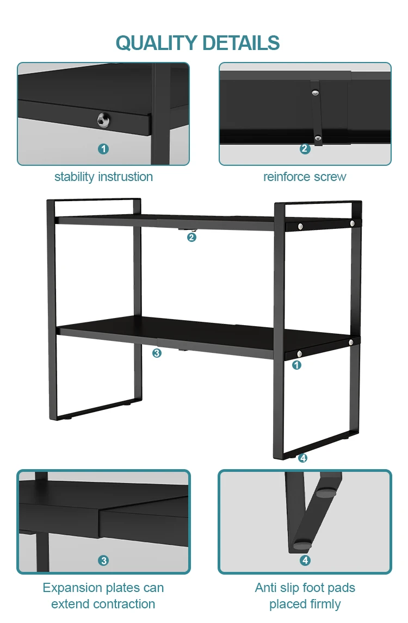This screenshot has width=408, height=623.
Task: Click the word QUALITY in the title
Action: coord(156,43)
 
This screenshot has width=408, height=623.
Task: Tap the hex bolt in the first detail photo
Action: coord(103,120)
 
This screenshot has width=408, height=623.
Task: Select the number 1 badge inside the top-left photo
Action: coord(103,148)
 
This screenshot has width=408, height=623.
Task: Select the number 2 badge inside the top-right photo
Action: coord(305,148)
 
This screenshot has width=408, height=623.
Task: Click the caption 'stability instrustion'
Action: coord(103,177)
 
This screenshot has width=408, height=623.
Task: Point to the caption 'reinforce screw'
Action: coord(305,177)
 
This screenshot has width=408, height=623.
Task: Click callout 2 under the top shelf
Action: coord(192,237)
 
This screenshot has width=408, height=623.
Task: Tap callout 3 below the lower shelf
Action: coord(157,353)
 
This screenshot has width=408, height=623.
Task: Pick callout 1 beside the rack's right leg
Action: coord(296,365)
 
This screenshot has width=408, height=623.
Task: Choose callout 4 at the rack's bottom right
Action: coord(303,458)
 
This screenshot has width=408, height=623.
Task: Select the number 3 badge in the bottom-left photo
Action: coord(103,560)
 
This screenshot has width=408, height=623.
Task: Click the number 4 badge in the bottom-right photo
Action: coord(305,560)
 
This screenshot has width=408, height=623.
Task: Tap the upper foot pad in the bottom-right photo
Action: coord(326,493)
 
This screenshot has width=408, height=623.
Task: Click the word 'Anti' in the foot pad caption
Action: coord(266,588)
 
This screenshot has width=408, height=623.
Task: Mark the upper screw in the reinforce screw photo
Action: coord(316,93)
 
